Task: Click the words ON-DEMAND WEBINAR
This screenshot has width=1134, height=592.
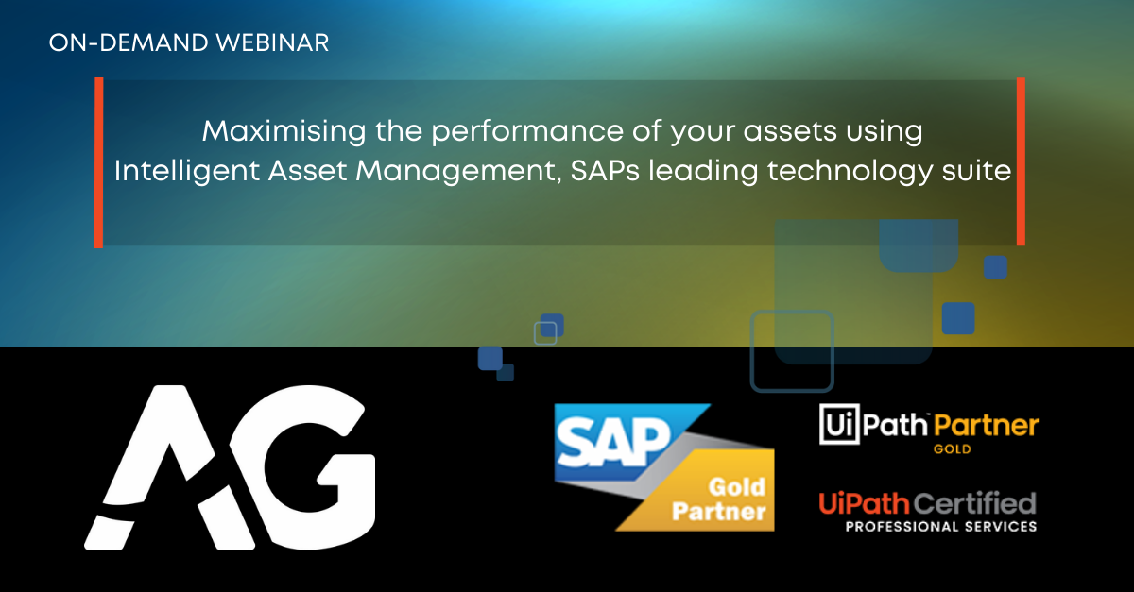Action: point(189,43)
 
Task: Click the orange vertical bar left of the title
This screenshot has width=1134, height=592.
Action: point(98,162)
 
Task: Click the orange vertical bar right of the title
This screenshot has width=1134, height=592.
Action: point(1021,162)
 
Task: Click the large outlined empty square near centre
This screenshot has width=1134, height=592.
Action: point(792,350)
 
